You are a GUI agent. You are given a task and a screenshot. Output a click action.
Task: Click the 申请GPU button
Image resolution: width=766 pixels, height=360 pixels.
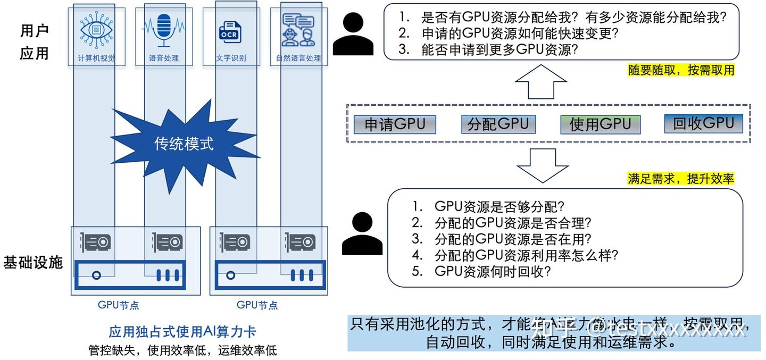tap(395, 124)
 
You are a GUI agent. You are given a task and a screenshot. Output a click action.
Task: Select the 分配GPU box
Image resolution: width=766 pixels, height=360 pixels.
tap(498, 124)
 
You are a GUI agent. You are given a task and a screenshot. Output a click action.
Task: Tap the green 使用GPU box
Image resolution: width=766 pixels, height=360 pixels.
tap(600, 124)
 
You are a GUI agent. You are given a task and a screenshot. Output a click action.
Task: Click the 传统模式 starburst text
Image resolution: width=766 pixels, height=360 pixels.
tap(184, 144)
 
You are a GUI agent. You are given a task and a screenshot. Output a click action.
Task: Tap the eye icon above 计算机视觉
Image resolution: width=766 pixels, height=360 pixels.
tap(96, 30)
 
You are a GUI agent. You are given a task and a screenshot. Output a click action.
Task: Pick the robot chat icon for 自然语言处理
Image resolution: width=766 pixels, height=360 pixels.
tap(298, 30)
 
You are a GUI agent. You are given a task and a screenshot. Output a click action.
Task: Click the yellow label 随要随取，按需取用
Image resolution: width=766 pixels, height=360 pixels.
tap(681, 71)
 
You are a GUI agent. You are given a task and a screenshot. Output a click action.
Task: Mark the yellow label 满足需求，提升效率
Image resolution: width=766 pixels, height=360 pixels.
tap(680, 179)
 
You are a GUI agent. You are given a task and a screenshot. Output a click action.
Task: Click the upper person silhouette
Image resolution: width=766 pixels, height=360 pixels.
tap(354, 34)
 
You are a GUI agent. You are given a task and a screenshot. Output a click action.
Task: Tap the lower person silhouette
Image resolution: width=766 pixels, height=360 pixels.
tap(362, 233)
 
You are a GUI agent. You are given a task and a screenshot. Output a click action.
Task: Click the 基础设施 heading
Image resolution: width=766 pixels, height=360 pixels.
tap(33, 262)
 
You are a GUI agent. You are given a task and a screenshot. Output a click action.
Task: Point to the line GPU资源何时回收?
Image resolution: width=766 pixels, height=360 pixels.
tap(492, 271)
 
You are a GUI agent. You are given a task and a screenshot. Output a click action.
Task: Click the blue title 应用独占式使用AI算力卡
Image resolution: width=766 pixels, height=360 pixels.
tap(182, 332)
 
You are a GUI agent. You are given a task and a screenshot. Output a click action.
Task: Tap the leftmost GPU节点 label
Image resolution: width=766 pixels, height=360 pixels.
tap(118, 305)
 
